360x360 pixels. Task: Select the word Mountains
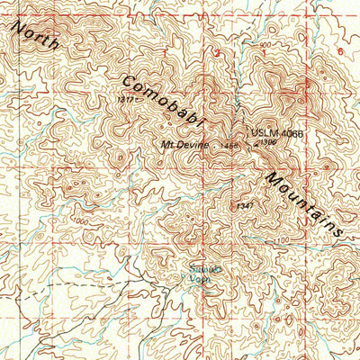point(303,202)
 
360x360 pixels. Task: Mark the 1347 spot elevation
point(244,206)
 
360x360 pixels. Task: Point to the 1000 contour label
point(83,220)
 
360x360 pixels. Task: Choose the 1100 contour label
point(284,239)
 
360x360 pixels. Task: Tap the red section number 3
point(215,53)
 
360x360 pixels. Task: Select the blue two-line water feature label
point(198,271)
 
